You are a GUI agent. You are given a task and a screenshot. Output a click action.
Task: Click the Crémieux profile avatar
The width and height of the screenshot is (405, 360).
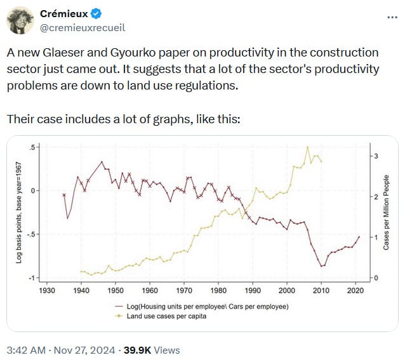(21, 20)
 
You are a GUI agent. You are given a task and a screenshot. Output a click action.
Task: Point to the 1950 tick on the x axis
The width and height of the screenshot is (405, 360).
(115, 289)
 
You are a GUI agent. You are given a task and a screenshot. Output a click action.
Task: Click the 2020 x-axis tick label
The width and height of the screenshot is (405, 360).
(354, 289)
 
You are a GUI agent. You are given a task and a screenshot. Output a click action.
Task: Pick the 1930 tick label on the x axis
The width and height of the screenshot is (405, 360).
(47, 289)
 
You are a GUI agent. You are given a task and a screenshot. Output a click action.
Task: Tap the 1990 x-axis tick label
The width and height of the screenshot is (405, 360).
(252, 289)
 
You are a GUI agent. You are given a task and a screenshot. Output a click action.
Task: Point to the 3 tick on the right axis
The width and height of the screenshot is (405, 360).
(376, 156)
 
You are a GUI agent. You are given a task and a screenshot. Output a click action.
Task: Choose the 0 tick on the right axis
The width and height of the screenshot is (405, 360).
(376, 278)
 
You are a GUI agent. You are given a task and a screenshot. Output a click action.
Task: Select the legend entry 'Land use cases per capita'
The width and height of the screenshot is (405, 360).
(166, 316)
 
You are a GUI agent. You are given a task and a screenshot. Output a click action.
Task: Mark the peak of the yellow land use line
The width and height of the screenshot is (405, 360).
(308, 147)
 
